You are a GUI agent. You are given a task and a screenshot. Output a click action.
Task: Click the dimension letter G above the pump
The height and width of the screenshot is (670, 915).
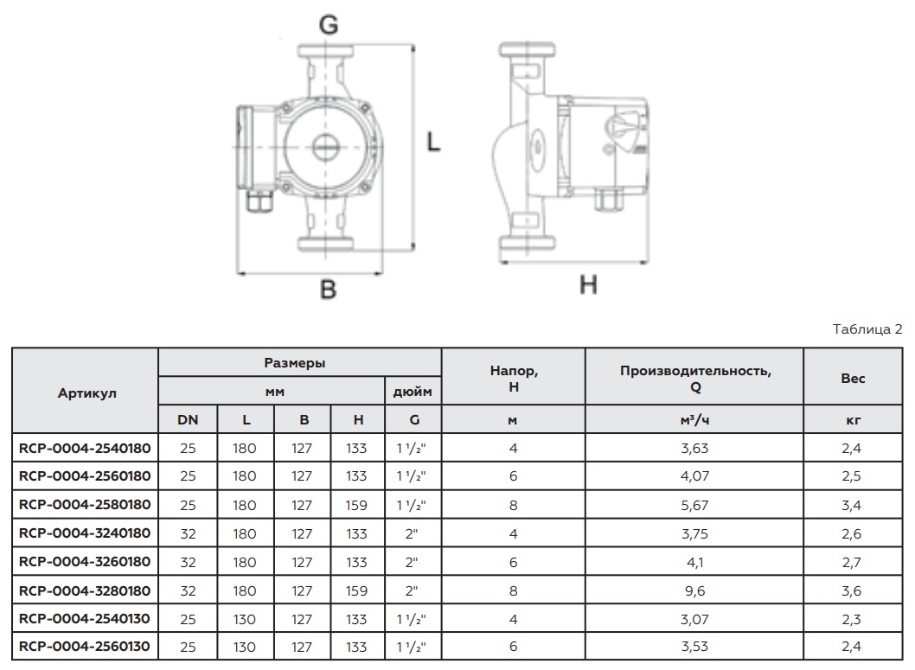(x=328, y=25)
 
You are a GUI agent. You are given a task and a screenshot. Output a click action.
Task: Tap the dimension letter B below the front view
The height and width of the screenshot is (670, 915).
(x=328, y=289)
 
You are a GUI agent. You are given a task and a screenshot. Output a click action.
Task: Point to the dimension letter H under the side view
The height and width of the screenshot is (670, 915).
(x=588, y=284)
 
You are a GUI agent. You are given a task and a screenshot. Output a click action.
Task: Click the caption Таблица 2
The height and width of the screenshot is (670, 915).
(x=867, y=329)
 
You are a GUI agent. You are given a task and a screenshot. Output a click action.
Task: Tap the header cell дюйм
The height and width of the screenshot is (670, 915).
(x=413, y=391)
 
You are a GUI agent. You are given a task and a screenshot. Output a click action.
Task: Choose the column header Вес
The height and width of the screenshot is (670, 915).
(x=852, y=378)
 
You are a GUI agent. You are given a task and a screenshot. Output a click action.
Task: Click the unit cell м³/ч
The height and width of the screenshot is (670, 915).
(x=694, y=420)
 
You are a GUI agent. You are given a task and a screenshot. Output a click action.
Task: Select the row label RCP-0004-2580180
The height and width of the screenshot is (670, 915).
(x=85, y=504)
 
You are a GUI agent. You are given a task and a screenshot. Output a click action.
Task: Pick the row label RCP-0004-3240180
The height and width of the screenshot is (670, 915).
(x=85, y=533)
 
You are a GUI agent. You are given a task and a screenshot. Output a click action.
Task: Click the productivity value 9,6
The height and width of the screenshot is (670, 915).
(x=694, y=590)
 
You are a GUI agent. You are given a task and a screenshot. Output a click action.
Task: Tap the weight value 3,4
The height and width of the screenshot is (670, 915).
(x=852, y=505)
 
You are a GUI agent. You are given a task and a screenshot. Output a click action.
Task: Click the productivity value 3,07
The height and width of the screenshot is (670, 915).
(x=694, y=618)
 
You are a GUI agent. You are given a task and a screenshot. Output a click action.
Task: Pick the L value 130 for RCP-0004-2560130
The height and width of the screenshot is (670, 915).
(x=245, y=646)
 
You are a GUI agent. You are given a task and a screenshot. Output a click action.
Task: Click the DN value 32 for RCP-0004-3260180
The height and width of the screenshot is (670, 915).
(x=187, y=561)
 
